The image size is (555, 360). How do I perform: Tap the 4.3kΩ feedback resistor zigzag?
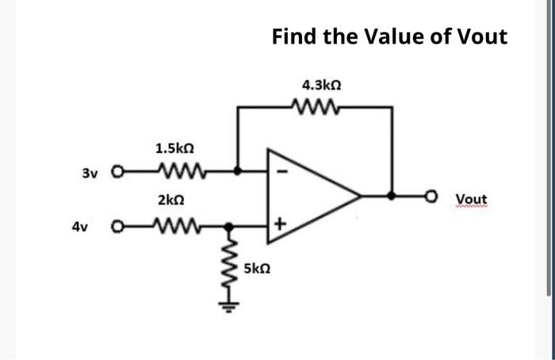[x=316, y=105]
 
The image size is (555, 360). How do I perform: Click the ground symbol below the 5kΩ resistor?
[x=230, y=306]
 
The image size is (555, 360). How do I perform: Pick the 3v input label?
[x=92, y=170]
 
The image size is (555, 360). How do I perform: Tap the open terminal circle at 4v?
[x=118, y=226]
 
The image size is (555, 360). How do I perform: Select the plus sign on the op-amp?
[x=278, y=226]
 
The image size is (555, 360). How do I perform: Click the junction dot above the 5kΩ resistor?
[x=230, y=226]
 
